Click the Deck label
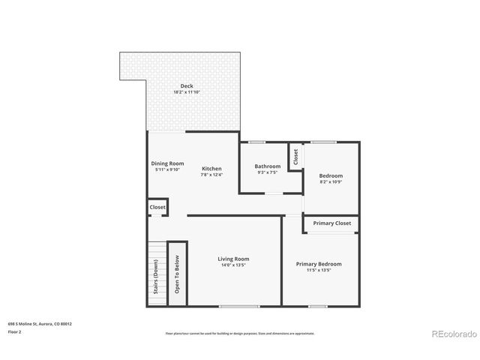pyautogui.click(x=187, y=86)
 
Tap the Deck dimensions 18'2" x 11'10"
pyautogui.click(x=187, y=92)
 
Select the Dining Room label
pyautogui.click(x=167, y=163)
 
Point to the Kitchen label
pyautogui.click(x=211, y=169)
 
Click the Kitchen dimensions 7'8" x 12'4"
pyautogui.click(x=211, y=175)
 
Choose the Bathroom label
pyautogui.click(x=267, y=166)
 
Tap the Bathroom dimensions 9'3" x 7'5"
pyautogui.click(x=267, y=172)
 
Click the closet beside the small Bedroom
pyautogui.click(x=296, y=157)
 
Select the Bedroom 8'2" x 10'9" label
pyautogui.click(x=331, y=175)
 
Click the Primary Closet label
pyautogui.click(x=331, y=223)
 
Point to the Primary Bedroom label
pyautogui.click(x=319, y=264)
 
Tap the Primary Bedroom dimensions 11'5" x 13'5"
pyautogui.click(x=319, y=270)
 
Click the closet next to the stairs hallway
pyautogui.click(x=157, y=207)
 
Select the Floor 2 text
pyautogui.click(x=15, y=331)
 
